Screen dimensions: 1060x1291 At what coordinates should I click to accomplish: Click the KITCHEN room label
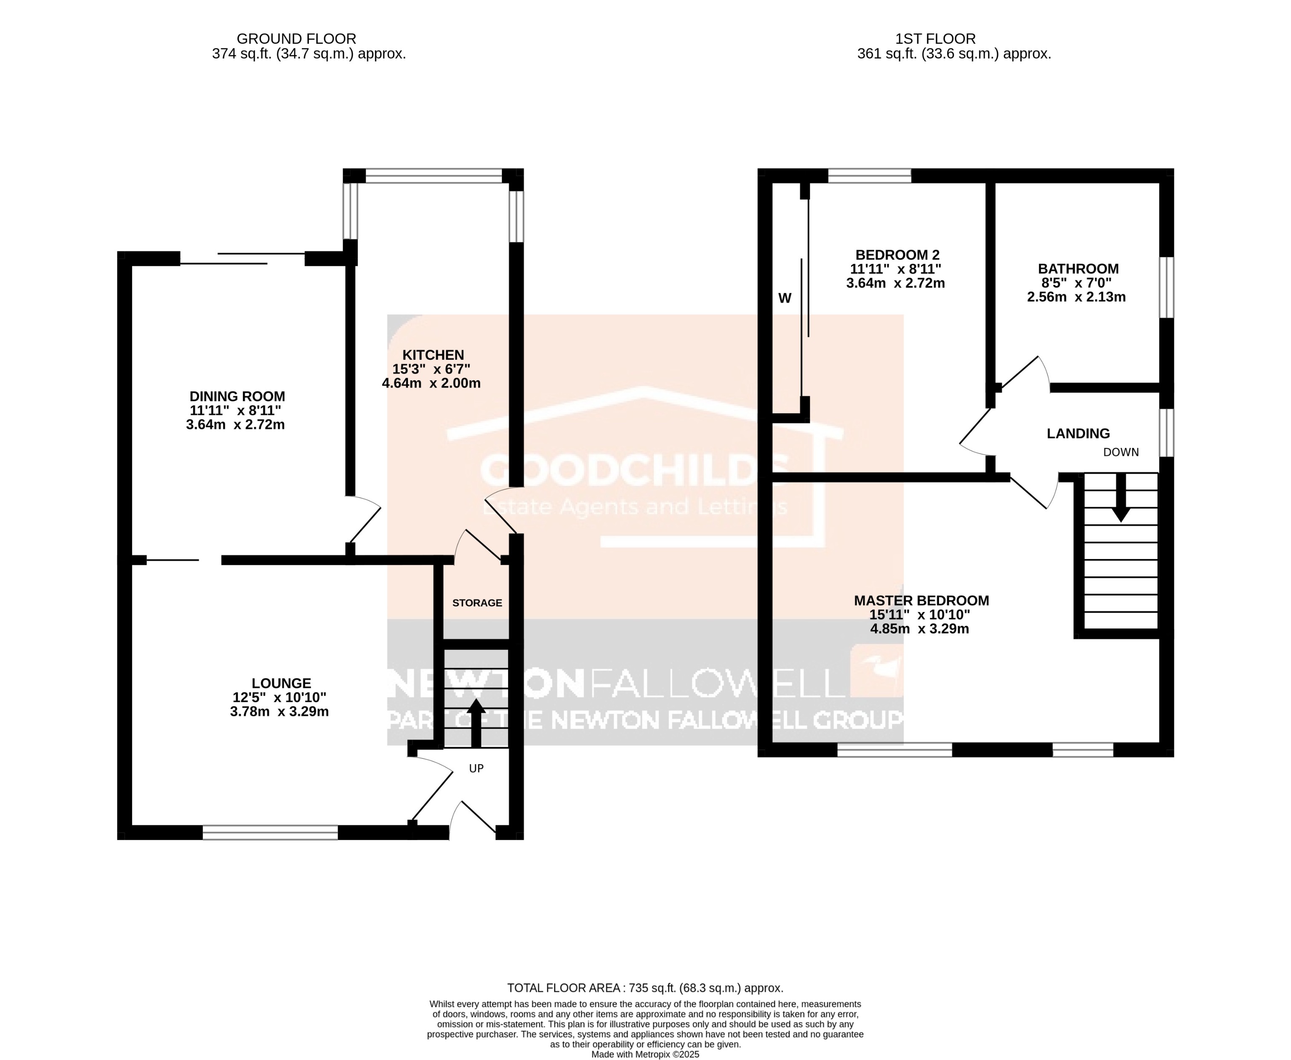(433, 355)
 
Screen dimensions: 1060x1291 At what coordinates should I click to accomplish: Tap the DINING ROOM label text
(237, 396)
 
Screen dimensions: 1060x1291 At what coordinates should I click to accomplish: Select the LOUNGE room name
(281, 683)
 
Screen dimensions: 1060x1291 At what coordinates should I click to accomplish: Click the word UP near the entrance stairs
(476, 768)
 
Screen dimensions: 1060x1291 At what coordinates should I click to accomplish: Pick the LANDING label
(1078, 434)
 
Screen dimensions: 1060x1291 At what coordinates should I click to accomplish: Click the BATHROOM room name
(1078, 269)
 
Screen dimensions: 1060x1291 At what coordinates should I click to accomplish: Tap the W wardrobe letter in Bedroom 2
(785, 298)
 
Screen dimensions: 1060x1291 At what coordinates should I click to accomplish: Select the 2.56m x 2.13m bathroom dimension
(1076, 297)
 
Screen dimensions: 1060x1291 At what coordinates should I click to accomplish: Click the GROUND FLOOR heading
(296, 39)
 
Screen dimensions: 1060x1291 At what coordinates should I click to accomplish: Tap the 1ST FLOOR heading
(935, 39)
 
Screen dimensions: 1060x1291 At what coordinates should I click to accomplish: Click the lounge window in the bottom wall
(270, 832)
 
